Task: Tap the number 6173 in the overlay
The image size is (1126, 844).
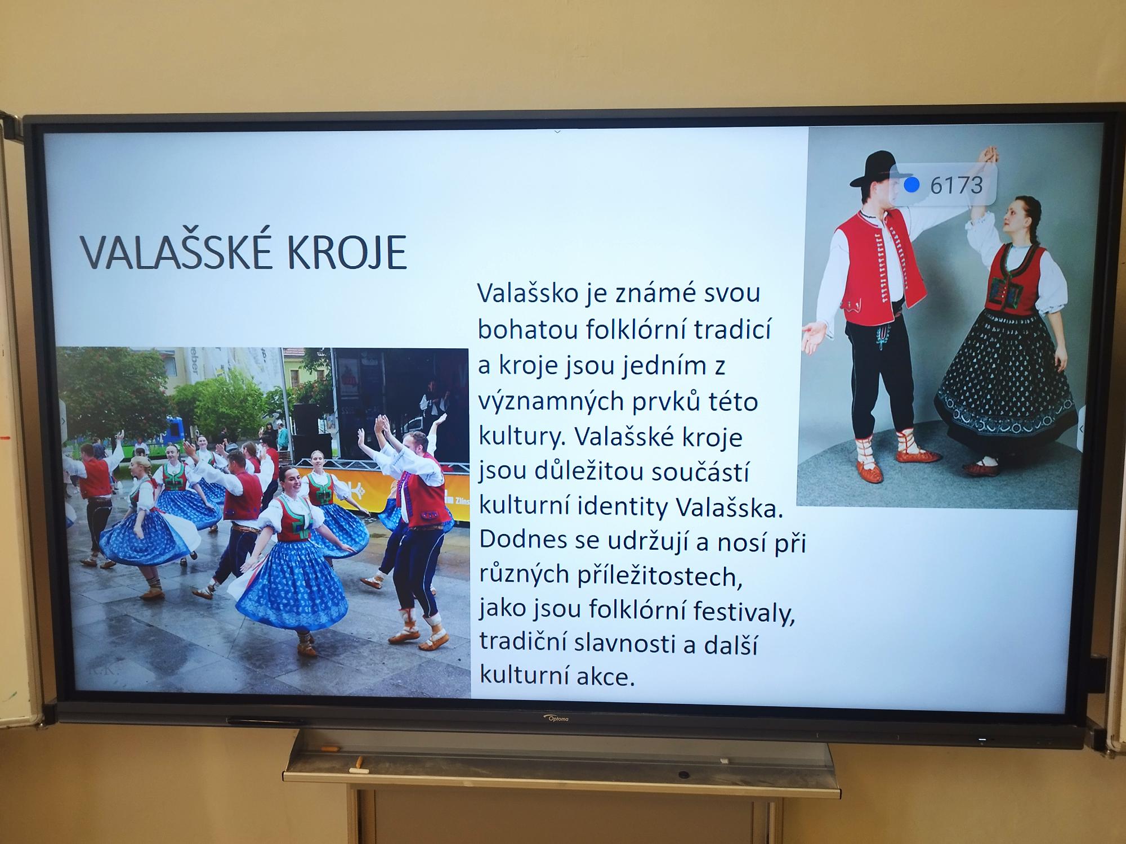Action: [956, 185]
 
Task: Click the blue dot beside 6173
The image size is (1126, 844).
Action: [911, 184]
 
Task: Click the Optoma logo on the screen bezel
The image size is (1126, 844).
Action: [557, 719]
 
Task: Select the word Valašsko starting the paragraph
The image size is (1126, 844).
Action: [528, 293]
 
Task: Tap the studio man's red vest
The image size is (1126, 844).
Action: [879, 269]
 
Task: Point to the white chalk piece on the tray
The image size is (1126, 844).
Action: [356, 770]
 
